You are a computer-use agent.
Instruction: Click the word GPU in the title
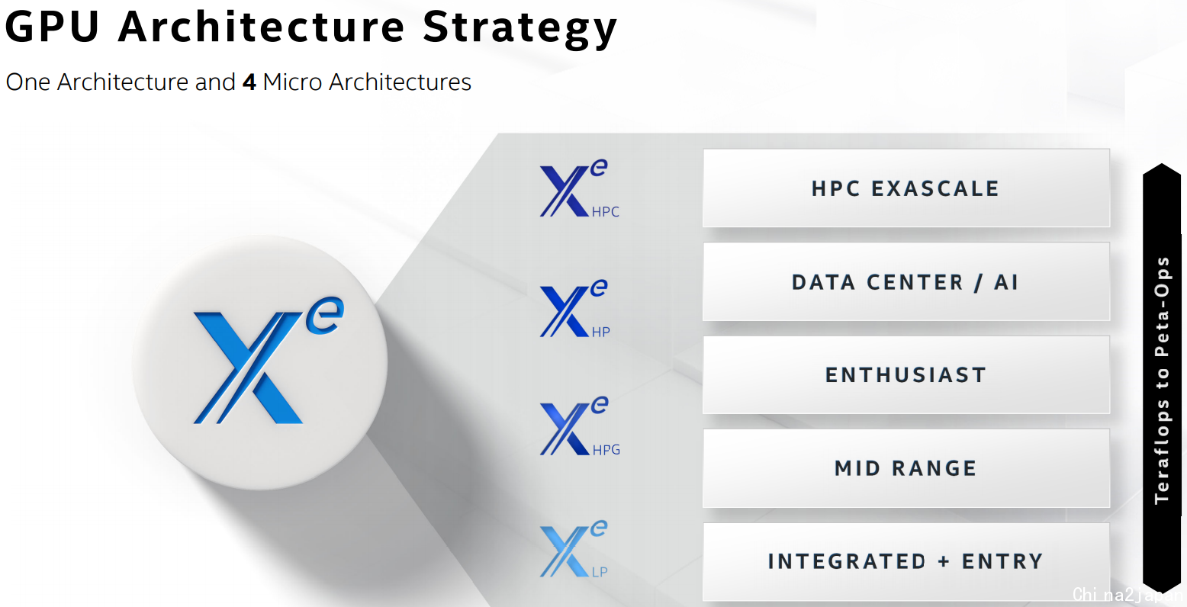point(52,27)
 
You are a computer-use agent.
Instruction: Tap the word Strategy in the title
point(520,30)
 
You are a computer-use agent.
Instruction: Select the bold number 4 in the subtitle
point(249,82)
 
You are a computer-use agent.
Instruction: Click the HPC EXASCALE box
point(906,188)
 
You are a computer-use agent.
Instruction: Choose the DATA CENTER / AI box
point(906,281)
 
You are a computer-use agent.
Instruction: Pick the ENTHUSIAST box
point(906,374)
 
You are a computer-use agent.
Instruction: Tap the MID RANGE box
point(906,468)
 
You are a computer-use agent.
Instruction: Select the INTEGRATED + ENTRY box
point(906,561)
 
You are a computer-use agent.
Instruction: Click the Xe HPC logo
point(579,188)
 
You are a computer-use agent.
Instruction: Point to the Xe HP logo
point(575,308)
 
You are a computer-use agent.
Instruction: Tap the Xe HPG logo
point(580,426)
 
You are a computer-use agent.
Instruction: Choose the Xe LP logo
point(574,549)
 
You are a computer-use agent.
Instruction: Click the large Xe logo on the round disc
point(269,360)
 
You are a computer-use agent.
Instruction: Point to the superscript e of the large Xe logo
point(325,316)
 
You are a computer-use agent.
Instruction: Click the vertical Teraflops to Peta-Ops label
point(1162,380)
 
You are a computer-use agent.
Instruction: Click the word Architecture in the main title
point(261,27)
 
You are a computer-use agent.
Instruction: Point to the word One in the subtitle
point(28,82)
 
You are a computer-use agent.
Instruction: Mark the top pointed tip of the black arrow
point(1162,164)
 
